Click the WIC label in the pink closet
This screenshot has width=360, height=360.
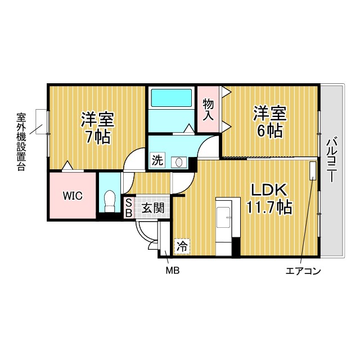click(73, 196)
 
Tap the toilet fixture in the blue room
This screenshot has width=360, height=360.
click(110, 201)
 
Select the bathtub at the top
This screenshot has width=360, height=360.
click(171, 99)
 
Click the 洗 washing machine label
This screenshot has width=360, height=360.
click(157, 161)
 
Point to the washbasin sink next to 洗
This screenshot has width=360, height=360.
click(179, 162)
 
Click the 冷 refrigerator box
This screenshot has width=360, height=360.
click(182, 245)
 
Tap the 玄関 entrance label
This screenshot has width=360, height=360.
click(152, 208)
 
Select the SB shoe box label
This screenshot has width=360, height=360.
click(128, 208)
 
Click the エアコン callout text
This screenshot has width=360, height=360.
click(303, 272)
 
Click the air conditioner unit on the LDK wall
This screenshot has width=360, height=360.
click(313, 171)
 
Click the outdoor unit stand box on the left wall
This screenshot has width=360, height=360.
click(42, 121)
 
